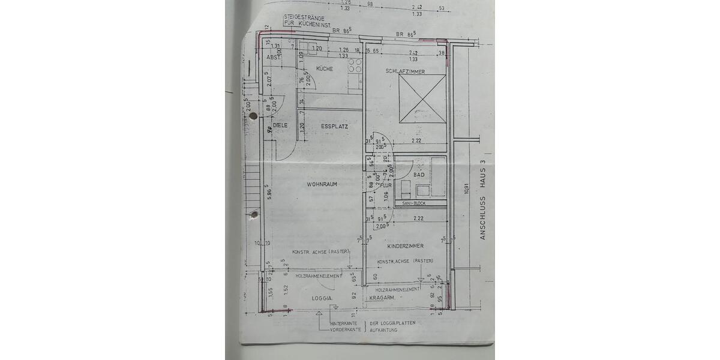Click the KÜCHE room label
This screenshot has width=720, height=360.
point(324,69)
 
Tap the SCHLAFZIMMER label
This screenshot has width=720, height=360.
point(406,71)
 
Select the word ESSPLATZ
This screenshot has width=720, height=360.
point(334,127)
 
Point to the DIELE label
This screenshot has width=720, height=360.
point(280,125)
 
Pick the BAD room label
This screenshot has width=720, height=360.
point(419,175)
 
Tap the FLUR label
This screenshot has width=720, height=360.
point(386,185)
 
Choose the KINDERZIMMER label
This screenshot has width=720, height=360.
point(406,246)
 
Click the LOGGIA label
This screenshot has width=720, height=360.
point(323,298)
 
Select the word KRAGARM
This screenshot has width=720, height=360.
point(382,298)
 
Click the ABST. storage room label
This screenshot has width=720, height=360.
point(273,58)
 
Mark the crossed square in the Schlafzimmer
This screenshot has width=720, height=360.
point(422,98)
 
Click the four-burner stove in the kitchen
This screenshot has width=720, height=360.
point(355,65)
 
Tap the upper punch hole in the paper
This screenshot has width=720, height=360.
point(253,115)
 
